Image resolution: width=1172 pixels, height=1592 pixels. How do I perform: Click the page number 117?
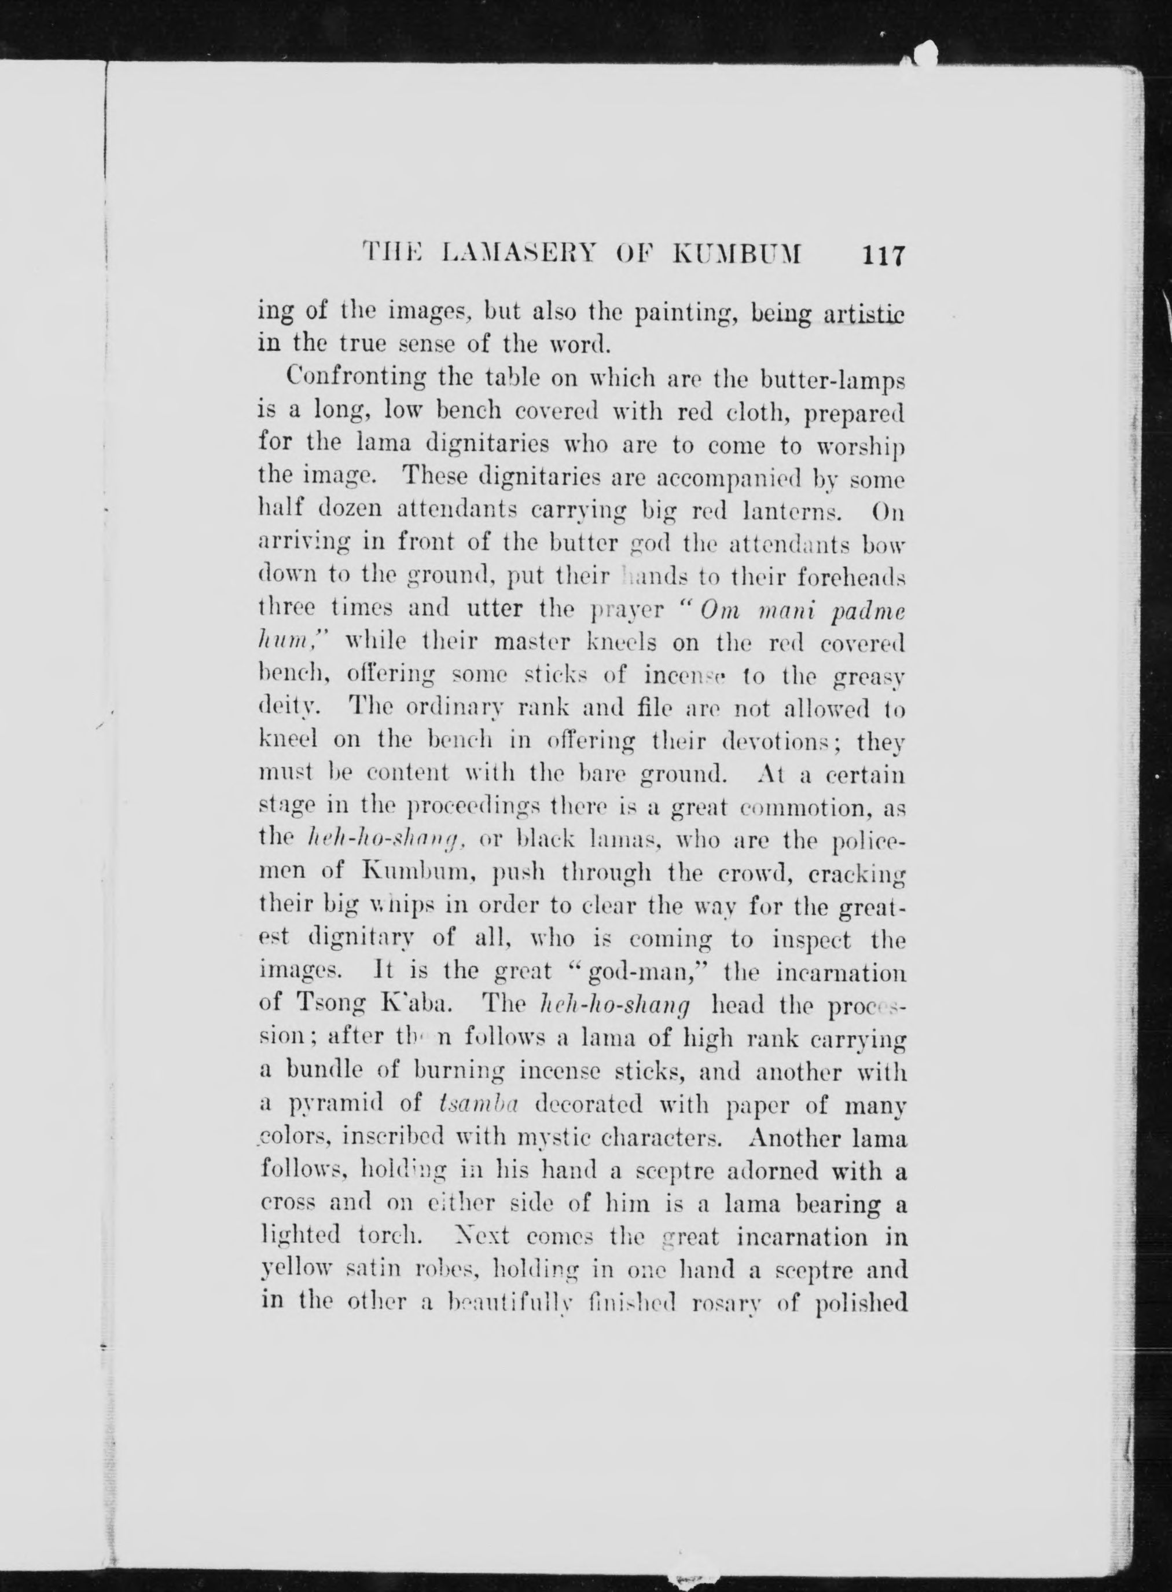click(882, 255)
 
